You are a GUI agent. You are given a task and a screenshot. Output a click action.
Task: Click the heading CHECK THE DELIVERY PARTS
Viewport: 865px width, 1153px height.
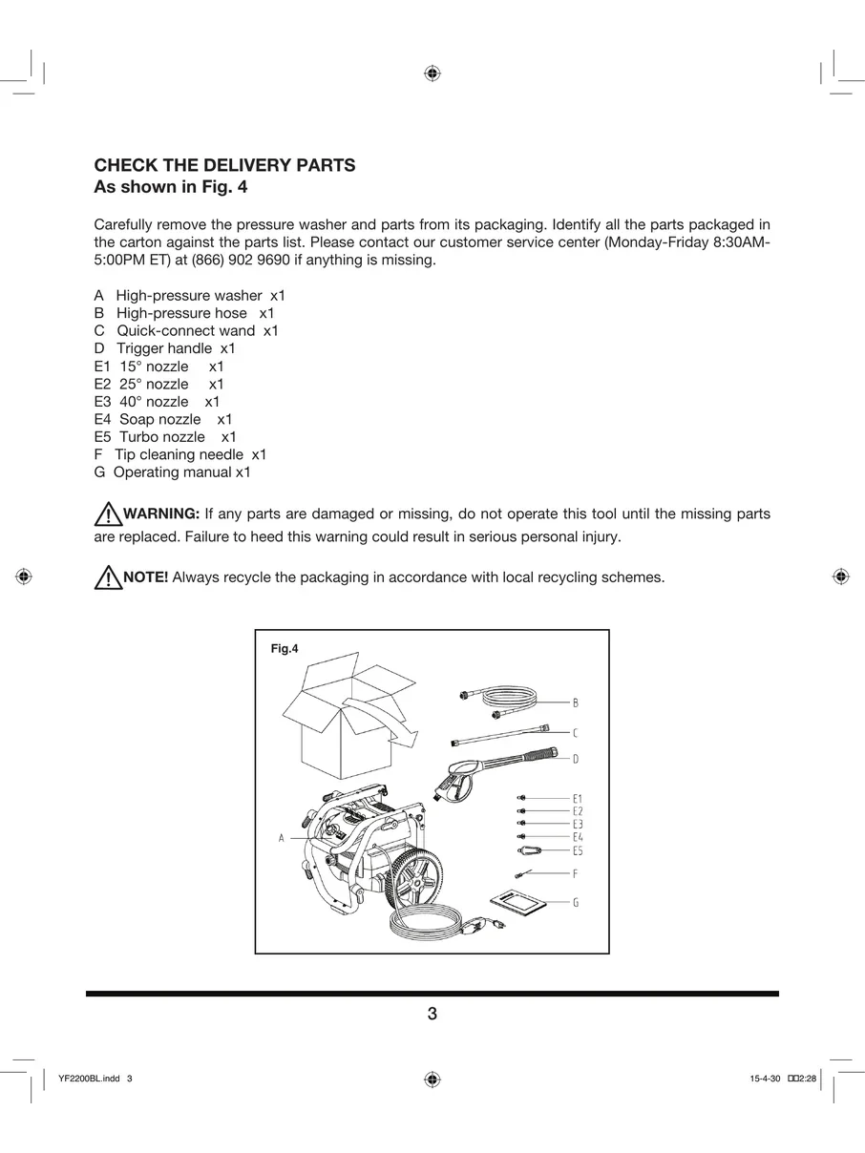(224, 166)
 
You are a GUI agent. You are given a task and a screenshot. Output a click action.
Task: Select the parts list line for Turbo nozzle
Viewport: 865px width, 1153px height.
(165, 437)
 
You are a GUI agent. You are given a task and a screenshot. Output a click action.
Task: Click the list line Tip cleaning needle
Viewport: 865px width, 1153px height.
(180, 455)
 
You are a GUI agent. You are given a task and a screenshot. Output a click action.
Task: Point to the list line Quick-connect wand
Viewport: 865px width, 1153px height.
(186, 331)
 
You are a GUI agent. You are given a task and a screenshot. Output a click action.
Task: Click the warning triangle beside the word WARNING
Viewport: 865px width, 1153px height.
(107, 515)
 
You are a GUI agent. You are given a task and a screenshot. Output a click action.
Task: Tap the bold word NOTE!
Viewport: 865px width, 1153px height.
(146, 577)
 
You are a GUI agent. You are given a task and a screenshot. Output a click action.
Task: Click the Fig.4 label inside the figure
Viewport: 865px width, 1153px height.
(285, 649)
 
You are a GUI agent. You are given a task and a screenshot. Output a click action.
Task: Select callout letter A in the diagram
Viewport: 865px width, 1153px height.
(282, 838)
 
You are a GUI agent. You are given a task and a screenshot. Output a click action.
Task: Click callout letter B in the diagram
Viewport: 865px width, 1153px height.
(576, 702)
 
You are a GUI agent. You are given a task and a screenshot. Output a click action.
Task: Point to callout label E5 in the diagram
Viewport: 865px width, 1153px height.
(578, 850)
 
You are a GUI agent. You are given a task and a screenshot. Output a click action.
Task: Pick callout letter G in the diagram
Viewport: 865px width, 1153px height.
(576, 902)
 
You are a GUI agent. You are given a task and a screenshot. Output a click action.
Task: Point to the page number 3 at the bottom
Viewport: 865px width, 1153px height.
(432, 1014)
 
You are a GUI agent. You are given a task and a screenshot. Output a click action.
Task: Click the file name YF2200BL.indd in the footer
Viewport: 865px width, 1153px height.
(89, 1079)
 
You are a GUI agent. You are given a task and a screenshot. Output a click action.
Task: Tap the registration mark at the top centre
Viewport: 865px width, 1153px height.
(432, 73)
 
